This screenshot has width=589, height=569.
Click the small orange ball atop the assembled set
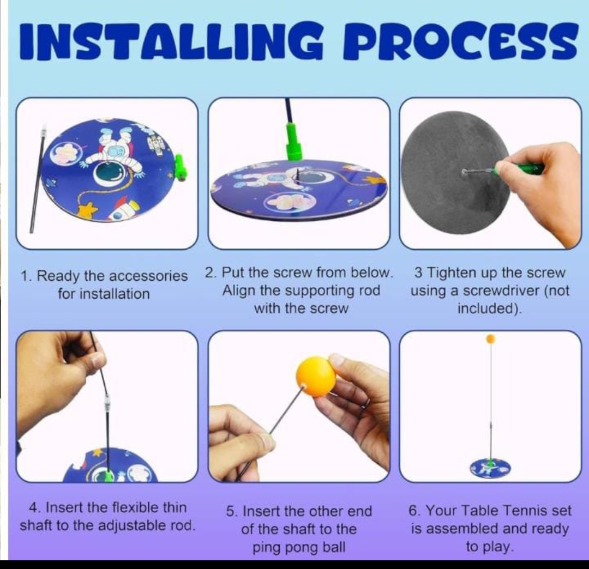click(x=491, y=338)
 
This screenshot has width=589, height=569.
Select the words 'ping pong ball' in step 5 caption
click(x=299, y=547)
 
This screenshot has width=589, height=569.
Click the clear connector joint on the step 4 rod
click(x=107, y=404)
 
